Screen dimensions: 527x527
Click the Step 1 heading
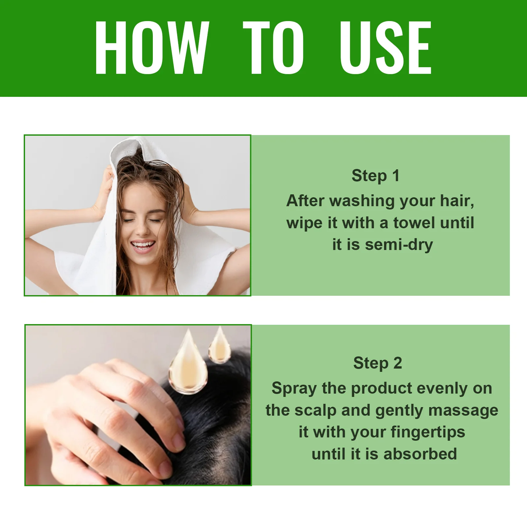(375, 176)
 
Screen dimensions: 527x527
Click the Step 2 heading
(377, 363)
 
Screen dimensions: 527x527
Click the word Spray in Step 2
(294, 389)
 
